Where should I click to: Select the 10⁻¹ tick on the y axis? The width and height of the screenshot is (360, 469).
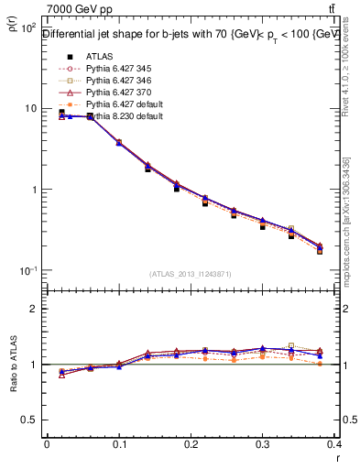tap(27, 271)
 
